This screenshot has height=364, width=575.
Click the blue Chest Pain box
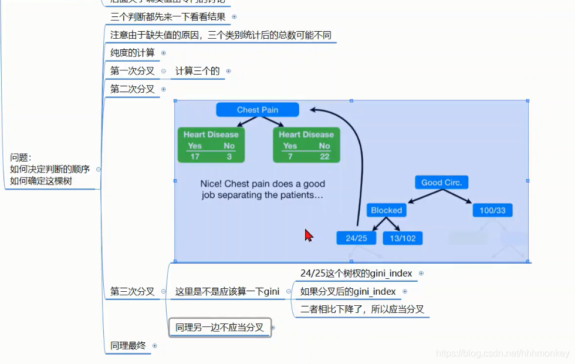(257, 110)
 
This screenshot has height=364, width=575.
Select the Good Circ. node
(441, 183)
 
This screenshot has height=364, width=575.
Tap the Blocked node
(386, 210)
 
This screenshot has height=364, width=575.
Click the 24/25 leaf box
(356, 238)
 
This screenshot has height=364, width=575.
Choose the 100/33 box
(492, 210)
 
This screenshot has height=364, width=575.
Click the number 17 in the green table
(195, 156)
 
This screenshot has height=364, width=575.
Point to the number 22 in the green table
(324, 156)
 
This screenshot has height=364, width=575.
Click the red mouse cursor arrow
(308, 235)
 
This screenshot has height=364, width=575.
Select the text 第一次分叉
(133, 71)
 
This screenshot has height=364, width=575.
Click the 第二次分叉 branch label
(133, 89)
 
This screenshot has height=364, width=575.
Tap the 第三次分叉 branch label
(133, 291)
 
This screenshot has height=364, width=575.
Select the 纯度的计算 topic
(133, 53)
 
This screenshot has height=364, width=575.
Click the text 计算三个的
(198, 71)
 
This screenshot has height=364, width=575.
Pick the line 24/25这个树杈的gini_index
(356, 274)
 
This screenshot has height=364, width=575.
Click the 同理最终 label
(128, 346)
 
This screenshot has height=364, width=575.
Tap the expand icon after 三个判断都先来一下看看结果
(234, 17)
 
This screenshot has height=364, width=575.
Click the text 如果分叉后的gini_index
(348, 292)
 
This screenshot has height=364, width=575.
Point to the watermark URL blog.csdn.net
(503, 353)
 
